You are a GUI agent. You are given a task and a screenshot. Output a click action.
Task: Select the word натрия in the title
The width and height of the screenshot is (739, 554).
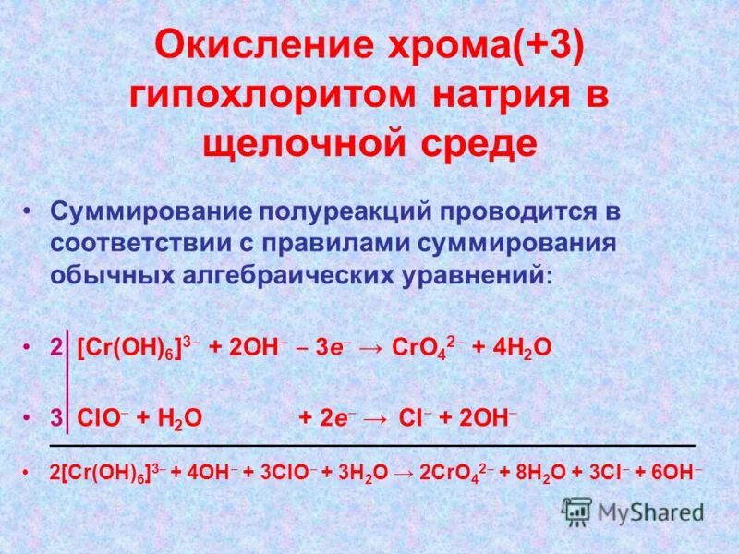pyautogui.click(x=502, y=97)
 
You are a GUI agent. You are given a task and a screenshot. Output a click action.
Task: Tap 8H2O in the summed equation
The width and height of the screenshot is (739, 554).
pyautogui.click(x=537, y=471)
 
